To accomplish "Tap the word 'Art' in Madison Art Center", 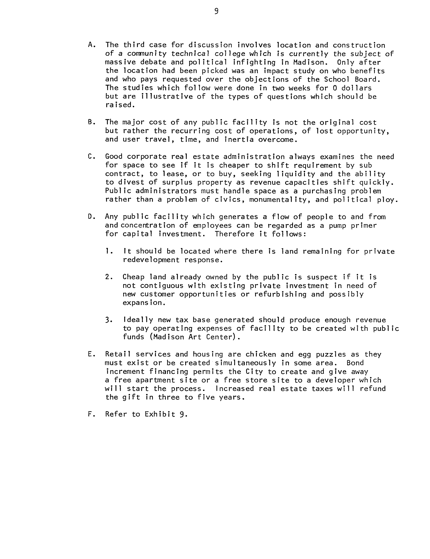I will coord(195,337).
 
